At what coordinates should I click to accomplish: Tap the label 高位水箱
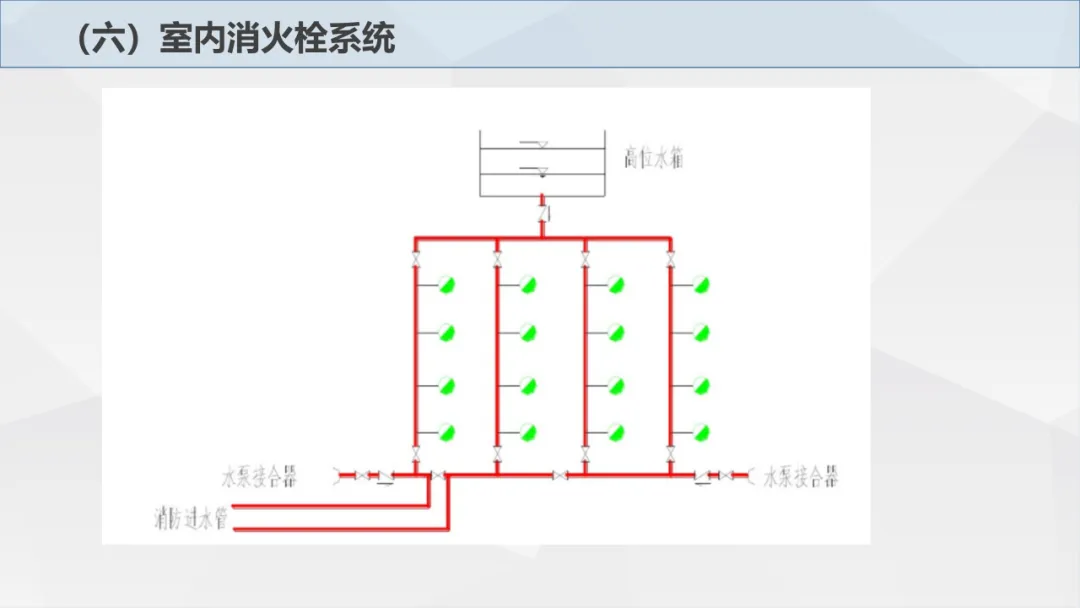coord(655,159)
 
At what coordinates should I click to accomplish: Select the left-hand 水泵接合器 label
coord(259,476)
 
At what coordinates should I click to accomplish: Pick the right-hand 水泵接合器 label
coord(801,476)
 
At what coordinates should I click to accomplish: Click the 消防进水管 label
coord(191,519)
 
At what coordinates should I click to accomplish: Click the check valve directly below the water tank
coord(542,214)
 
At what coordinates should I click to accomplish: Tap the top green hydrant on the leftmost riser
coord(447,285)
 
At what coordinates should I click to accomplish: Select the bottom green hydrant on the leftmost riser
coord(447,432)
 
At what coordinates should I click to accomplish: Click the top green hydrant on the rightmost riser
coord(702,285)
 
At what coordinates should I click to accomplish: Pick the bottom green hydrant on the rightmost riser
coord(702,432)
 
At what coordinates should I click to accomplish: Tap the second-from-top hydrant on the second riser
coord(529,333)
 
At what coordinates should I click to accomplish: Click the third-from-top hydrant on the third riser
coord(616,385)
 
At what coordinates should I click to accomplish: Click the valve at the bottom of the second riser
coord(497,455)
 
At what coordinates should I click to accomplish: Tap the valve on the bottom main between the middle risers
coord(561,475)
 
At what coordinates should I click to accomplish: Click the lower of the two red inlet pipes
coord(340,527)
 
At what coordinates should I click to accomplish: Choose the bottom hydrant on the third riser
coord(616,432)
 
